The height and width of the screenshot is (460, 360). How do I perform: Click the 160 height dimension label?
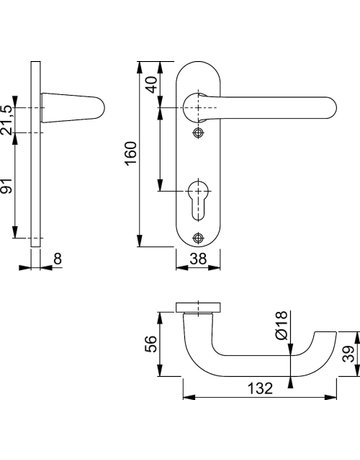(131, 153)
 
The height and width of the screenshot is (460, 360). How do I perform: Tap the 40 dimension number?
(151, 85)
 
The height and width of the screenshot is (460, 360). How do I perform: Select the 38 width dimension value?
(198, 259)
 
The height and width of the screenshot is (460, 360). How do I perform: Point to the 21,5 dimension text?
(7, 120)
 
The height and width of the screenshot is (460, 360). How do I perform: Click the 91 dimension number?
(7, 186)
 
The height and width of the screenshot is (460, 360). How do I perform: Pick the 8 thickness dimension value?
(58, 259)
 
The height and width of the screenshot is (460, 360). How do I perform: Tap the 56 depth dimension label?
(151, 344)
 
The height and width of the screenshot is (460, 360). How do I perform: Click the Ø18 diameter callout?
(282, 325)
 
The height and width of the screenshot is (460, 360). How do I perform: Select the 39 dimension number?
(349, 354)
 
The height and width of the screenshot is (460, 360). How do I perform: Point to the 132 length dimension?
(260, 388)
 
